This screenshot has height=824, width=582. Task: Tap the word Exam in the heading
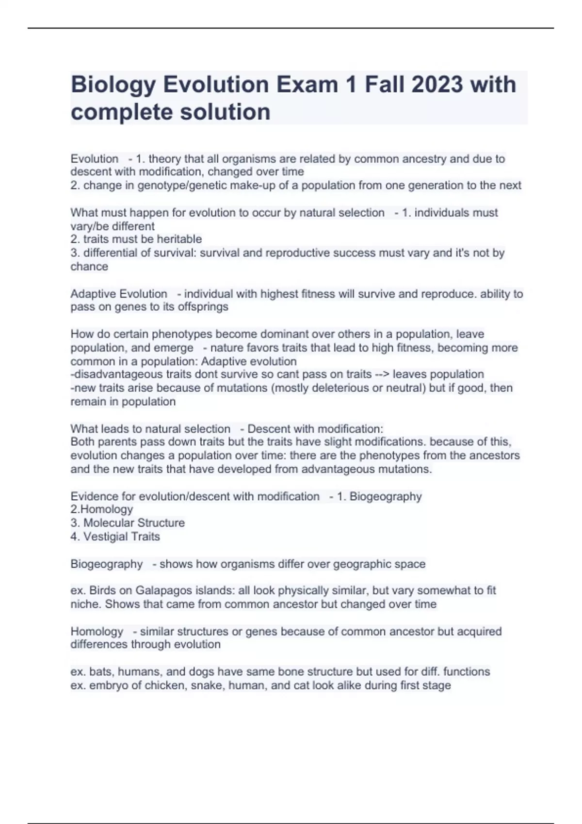coord(307,84)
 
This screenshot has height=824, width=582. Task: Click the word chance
coord(89,266)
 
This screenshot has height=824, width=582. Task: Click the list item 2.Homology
coord(101,509)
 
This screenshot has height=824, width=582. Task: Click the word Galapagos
coord(163,590)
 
